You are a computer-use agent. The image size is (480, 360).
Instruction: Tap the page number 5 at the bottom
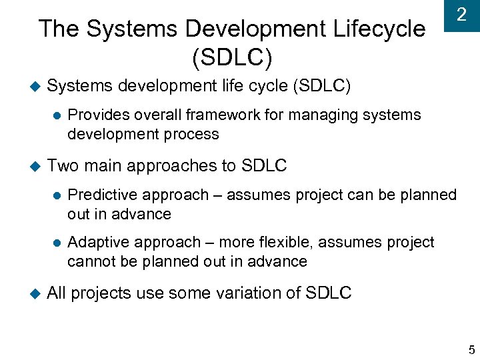pyautogui.click(x=471, y=350)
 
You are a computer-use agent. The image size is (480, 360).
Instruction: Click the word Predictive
pyautogui.click(x=101, y=195)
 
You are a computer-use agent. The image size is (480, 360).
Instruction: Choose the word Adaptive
pyautogui.click(x=98, y=242)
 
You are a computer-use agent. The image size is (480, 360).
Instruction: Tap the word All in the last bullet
pyautogui.click(x=57, y=293)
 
